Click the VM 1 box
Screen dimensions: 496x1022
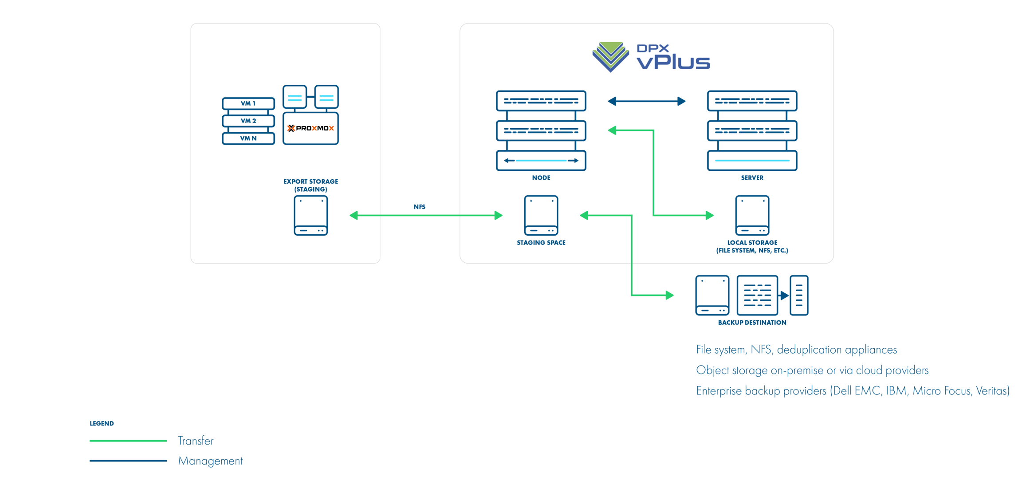248,103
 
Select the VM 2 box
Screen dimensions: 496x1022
248,121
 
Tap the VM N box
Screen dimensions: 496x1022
248,138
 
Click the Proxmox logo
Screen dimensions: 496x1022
311,128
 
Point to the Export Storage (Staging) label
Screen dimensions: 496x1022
311,185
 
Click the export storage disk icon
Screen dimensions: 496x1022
311,216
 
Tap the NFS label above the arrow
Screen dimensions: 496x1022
419,207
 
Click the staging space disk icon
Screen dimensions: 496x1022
541,216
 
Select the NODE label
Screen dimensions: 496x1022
541,177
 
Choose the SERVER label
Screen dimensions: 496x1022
752,177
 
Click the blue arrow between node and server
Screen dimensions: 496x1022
646,102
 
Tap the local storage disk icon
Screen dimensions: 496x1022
752,216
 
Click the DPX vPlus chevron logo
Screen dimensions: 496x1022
610,57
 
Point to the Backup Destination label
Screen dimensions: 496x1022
752,323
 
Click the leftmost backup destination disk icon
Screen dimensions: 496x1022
712,295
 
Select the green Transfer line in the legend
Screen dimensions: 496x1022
128,441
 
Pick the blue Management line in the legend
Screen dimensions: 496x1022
128,461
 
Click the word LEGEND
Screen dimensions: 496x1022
102,423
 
